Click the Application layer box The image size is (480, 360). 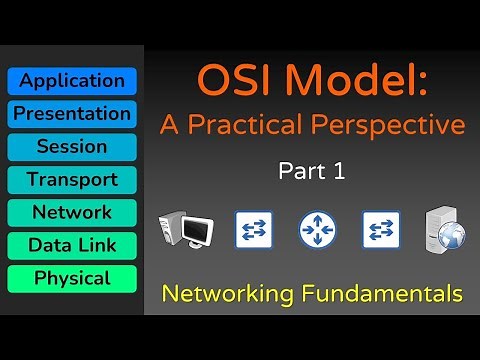point(72,81)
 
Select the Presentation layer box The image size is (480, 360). point(72,114)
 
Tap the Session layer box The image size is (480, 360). point(72,147)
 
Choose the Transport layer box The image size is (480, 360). point(72,180)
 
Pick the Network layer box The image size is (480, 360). point(72,213)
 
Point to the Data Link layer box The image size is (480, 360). point(72,246)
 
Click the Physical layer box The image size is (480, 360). point(72,278)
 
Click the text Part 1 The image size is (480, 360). point(311,172)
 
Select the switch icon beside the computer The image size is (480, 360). point(252,229)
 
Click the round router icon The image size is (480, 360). point(317,230)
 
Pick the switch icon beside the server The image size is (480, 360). point(382,229)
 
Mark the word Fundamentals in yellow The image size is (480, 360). point(387,294)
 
